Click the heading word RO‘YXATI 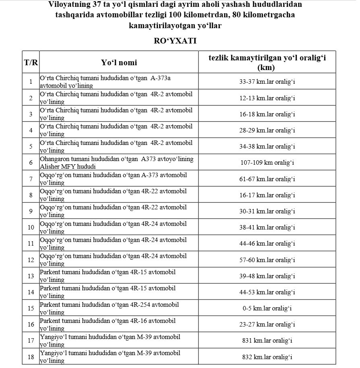click(175, 41)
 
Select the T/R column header click(31, 62)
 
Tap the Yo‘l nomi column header click(119, 62)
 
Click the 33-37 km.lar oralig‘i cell click(267, 82)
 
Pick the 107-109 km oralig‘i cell click(267, 163)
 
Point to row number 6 click(31, 163)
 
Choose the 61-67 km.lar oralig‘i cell click(267, 179)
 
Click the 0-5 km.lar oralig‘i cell click(267, 308)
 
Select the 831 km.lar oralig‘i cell click(267, 341)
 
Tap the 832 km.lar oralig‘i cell click(267, 357)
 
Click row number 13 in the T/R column click(31, 276)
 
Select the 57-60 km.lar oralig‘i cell click(267, 260)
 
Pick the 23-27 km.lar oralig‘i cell click(267, 325)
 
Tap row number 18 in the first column click(31, 357)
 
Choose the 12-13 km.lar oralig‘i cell click(267, 98)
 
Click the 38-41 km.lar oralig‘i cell click(267, 227)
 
